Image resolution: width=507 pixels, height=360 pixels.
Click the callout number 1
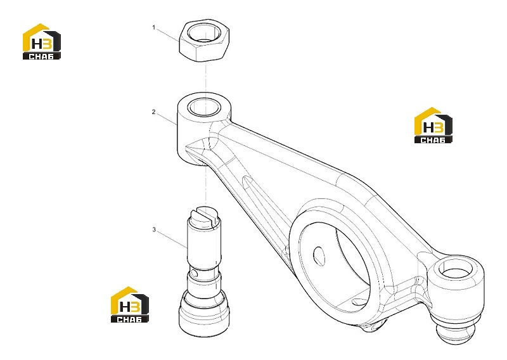pyautogui.click(x=154, y=28)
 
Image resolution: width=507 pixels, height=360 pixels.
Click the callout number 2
pyautogui.click(x=153, y=112)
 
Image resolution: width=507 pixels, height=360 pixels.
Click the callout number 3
pyautogui.click(x=154, y=229)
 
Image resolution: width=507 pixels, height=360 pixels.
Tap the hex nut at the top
pyautogui.click(x=204, y=41)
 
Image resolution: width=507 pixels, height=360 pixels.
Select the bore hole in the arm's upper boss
pyautogui.click(x=204, y=106)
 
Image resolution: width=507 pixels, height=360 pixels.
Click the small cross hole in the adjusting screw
pyautogui.click(x=193, y=273)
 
